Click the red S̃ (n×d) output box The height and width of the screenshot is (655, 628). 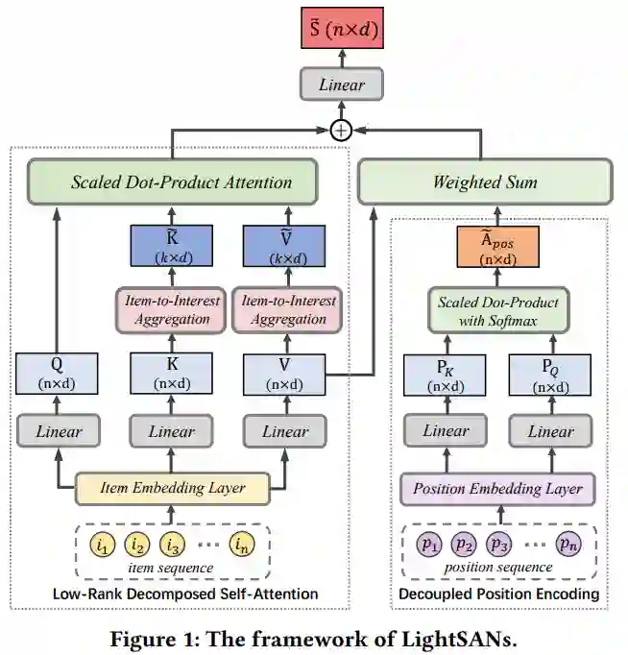[342, 33]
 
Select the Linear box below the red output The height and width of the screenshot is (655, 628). [342, 85]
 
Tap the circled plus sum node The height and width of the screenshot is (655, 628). [342, 129]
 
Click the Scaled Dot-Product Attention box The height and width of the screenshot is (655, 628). [181, 182]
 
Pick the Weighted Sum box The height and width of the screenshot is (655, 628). [484, 182]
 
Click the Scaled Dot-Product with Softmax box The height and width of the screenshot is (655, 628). [497, 310]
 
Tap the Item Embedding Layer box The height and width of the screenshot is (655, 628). [173, 488]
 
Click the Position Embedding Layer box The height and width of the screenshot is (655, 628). [496, 488]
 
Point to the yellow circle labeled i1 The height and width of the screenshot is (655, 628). [102, 545]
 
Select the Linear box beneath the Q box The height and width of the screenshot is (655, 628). [58, 431]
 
